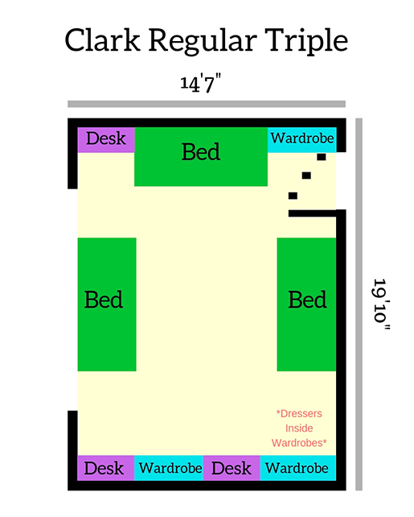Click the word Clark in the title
click(x=102, y=40)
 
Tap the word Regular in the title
click(x=203, y=42)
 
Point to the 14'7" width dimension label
click(x=200, y=84)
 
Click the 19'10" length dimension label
click(x=381, y=304)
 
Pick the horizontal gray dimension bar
click(x=207, y=104)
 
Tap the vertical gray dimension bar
click(x=359, y=304)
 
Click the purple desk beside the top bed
click(x=106, y=140)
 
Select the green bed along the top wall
click(x=201, y=156)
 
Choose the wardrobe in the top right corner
click(x=301, y=140)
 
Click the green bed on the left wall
click(x=107, y=304)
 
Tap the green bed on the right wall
click(x=306, y=304)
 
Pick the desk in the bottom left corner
click(x=105, y=468)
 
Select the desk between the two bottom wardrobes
click(x=232, y=468)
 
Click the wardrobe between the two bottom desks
click(x=169, y=468)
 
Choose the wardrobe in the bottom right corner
click(x=297, y=468)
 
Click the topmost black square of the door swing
click(x=322, y=157)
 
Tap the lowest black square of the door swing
click(x=293, y=196)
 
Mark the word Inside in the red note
click(x=299, y=428)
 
